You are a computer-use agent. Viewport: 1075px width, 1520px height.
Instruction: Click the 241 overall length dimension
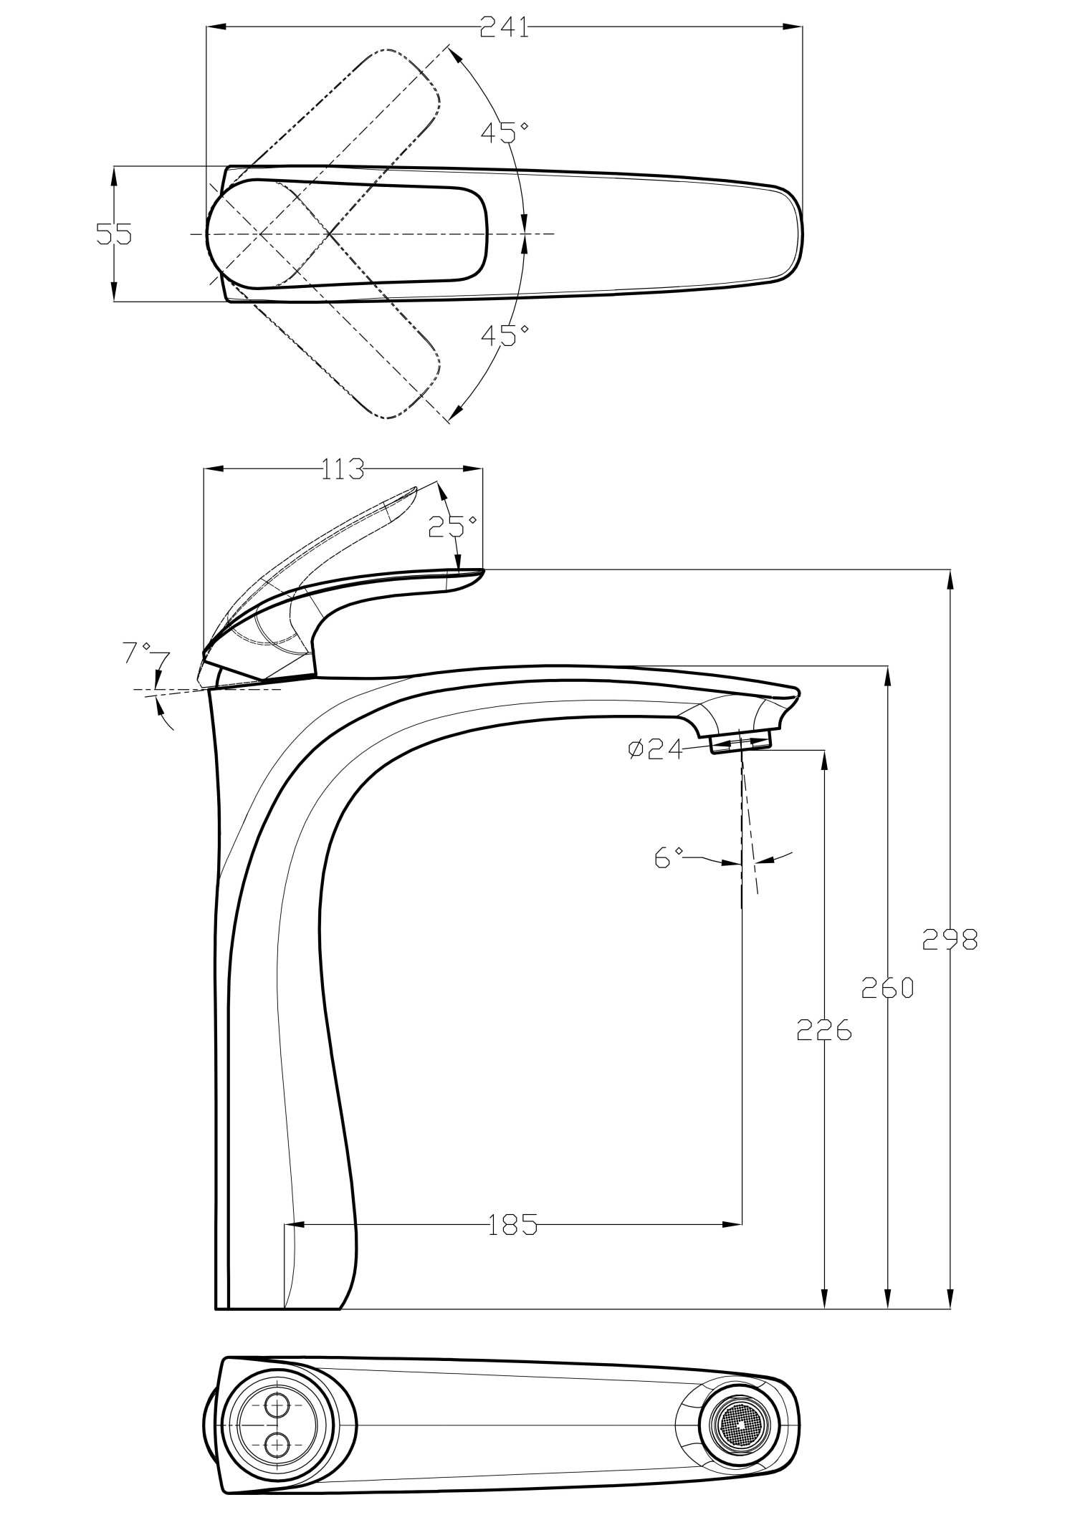tap(505, 29)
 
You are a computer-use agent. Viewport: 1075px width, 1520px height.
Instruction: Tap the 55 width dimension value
tap(115, 234)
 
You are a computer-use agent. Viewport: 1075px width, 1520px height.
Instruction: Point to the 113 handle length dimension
tap(342, 470)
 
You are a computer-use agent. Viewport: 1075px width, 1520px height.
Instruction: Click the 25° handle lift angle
tap(451, 526)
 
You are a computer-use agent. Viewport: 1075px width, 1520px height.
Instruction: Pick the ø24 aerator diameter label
tap(654, 750)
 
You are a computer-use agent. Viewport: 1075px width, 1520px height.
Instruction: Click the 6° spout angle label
tap(668, 857)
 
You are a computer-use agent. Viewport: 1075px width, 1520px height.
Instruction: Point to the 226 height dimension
tap(824, 1029)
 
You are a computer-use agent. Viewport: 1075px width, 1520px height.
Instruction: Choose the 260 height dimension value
tap(887, 988)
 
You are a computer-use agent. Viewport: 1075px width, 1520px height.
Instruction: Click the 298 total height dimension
tap(950, 938)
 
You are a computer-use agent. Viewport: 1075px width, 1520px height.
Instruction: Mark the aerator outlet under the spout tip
tap(742, 741)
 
